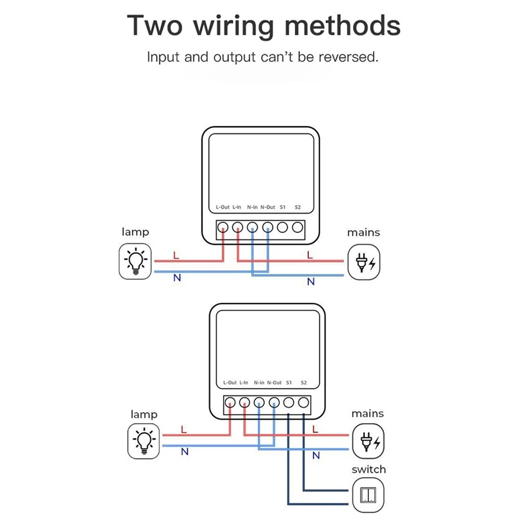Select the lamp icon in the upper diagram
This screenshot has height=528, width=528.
[136, 261]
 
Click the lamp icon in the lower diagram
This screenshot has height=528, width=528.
[143, 442]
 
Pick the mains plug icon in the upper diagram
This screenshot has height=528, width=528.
[365, 263]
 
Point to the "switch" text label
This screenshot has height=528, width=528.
[368, 469]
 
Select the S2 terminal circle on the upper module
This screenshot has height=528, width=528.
[298, 228]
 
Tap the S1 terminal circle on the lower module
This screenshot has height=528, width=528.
[289, 402]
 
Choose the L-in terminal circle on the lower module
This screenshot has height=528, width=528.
[244, 402]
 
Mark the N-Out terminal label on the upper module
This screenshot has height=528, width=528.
[267, 207]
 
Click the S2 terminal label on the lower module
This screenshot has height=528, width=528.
[304, 382]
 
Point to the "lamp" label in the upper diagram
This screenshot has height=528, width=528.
[135, 232]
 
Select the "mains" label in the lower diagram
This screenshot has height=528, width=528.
[368, 414]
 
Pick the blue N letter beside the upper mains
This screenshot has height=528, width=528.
[310, 282]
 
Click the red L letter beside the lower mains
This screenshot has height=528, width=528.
[315, 429]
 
